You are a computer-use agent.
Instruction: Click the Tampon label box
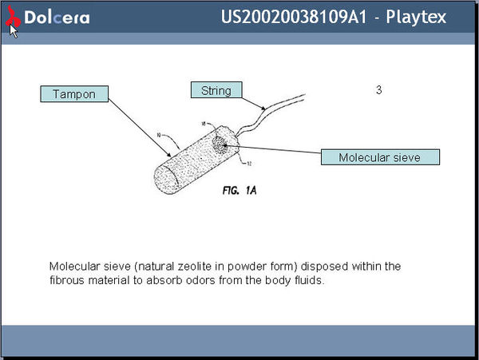[73, 94]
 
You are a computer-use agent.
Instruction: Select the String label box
[216, 90]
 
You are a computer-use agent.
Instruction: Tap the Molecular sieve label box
[379, 157]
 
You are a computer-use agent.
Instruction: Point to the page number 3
[379, 90]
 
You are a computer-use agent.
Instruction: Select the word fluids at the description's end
[308, 281]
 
